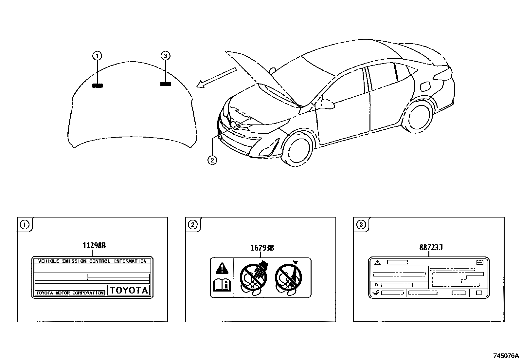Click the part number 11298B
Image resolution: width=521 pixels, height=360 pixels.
[x=94, y=246]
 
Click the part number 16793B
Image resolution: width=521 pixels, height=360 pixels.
[x=262, y=248]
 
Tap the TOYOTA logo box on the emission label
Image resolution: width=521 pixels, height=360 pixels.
[x=129, y=290]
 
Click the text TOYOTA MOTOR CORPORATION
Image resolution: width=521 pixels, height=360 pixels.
[x=70, y=293]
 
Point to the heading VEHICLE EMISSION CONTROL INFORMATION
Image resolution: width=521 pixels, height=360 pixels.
[x=92, y=261]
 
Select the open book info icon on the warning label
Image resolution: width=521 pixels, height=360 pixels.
[x=222, y=285]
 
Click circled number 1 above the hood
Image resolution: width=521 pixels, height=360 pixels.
[x=97, y=56]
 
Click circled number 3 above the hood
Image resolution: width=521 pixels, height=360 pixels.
[x=165, y=56]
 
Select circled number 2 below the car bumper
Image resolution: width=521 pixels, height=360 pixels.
[x=212, y=160]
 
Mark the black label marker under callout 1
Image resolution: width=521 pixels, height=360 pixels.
[x=97, y=85]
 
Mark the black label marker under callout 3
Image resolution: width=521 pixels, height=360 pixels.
[x=165, y=84]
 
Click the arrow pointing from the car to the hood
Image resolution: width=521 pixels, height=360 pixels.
[x=216, y=78]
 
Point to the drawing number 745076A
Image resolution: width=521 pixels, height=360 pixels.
[x=506, y=356]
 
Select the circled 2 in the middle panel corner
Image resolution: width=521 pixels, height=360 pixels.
[x=192, y=224]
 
